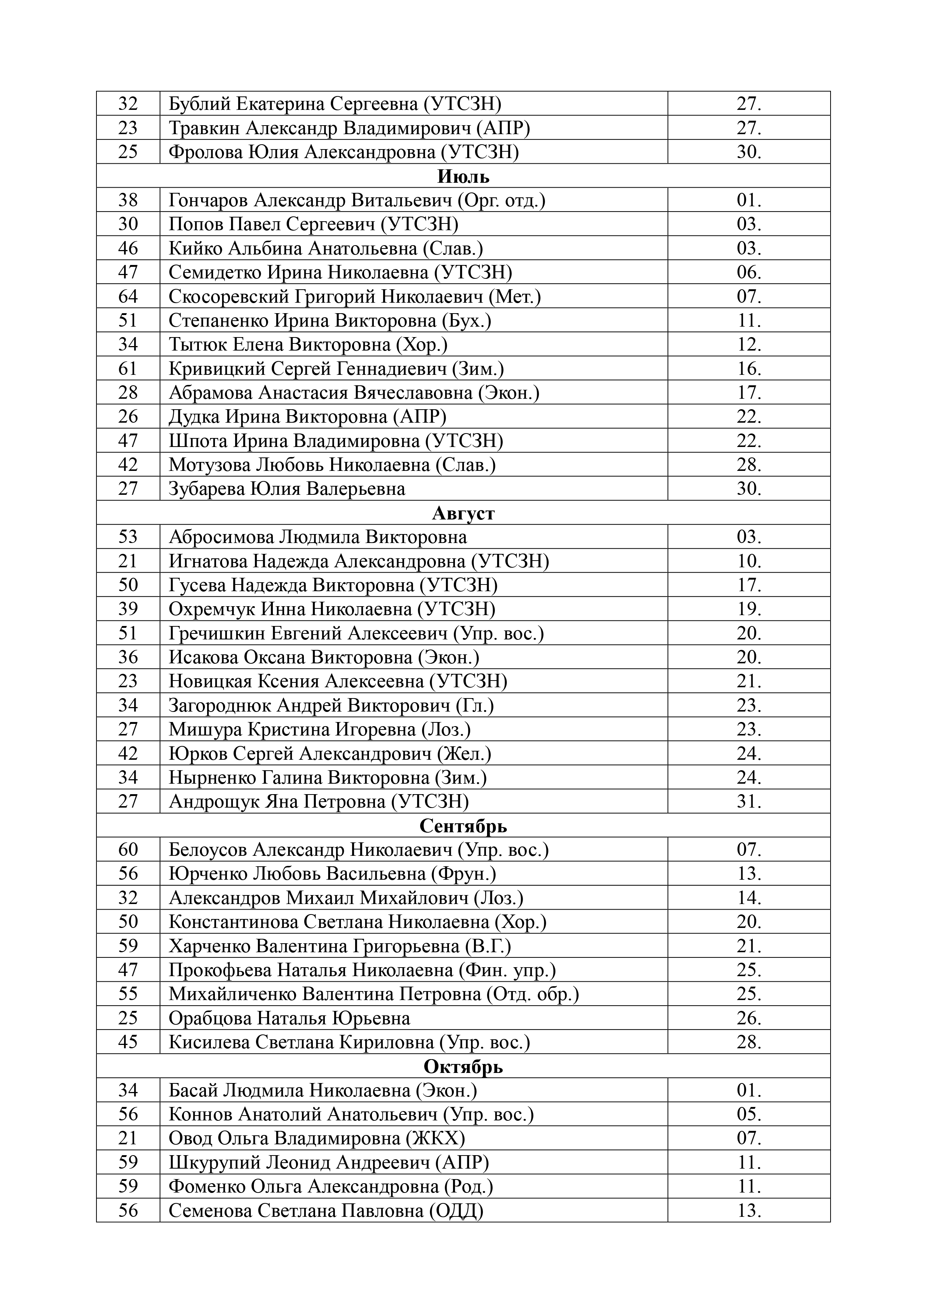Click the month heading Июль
(x=463, y=176)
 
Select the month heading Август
(x=463, y=513)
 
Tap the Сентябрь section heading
(x=463, y=826)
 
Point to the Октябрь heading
(x=463, y=1067)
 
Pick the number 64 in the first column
(x=128, y=296)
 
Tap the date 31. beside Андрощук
(x=749, y=802)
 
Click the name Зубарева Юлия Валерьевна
(x=287, y=489)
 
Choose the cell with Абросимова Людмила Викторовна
(x=318, y=537)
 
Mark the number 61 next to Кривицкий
(x=128, y=369)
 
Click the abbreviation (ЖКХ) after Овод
(x=435, y=1139)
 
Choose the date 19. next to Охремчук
(x=749, y=609)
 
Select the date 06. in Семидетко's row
(x=749, y=272)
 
